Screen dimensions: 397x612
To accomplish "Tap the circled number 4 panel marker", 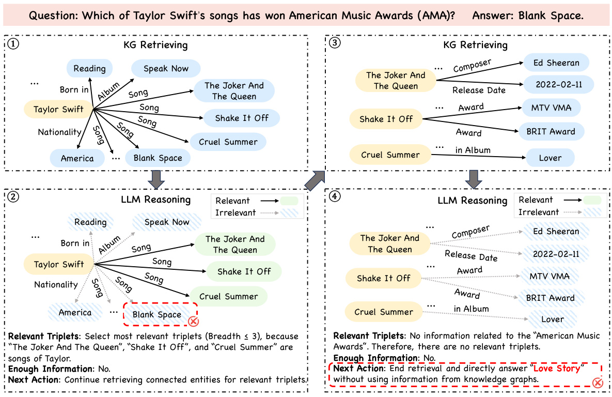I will [335, 199].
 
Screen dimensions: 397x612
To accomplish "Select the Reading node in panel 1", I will [89, 68].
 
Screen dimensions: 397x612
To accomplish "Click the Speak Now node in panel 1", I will [166, 68].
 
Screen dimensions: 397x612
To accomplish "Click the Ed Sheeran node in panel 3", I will [556, 63].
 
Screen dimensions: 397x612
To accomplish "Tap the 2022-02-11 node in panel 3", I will [558, 84].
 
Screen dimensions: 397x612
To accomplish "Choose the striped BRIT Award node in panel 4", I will [550, 298].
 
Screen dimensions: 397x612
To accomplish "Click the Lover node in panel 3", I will [550, 158].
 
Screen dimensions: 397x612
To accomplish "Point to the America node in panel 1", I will [77, 158].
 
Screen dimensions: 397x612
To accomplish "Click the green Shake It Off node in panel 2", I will [244, 271].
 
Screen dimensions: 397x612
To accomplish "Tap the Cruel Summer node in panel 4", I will [383, 312].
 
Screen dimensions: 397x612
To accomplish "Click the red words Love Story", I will [557, 369].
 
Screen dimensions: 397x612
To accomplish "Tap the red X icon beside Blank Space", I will [193, 322].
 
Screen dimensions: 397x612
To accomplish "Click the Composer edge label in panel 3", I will [472, 66].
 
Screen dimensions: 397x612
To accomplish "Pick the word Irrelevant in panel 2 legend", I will [236, 212].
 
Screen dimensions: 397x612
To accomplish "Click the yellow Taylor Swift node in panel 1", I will [58, 109].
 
